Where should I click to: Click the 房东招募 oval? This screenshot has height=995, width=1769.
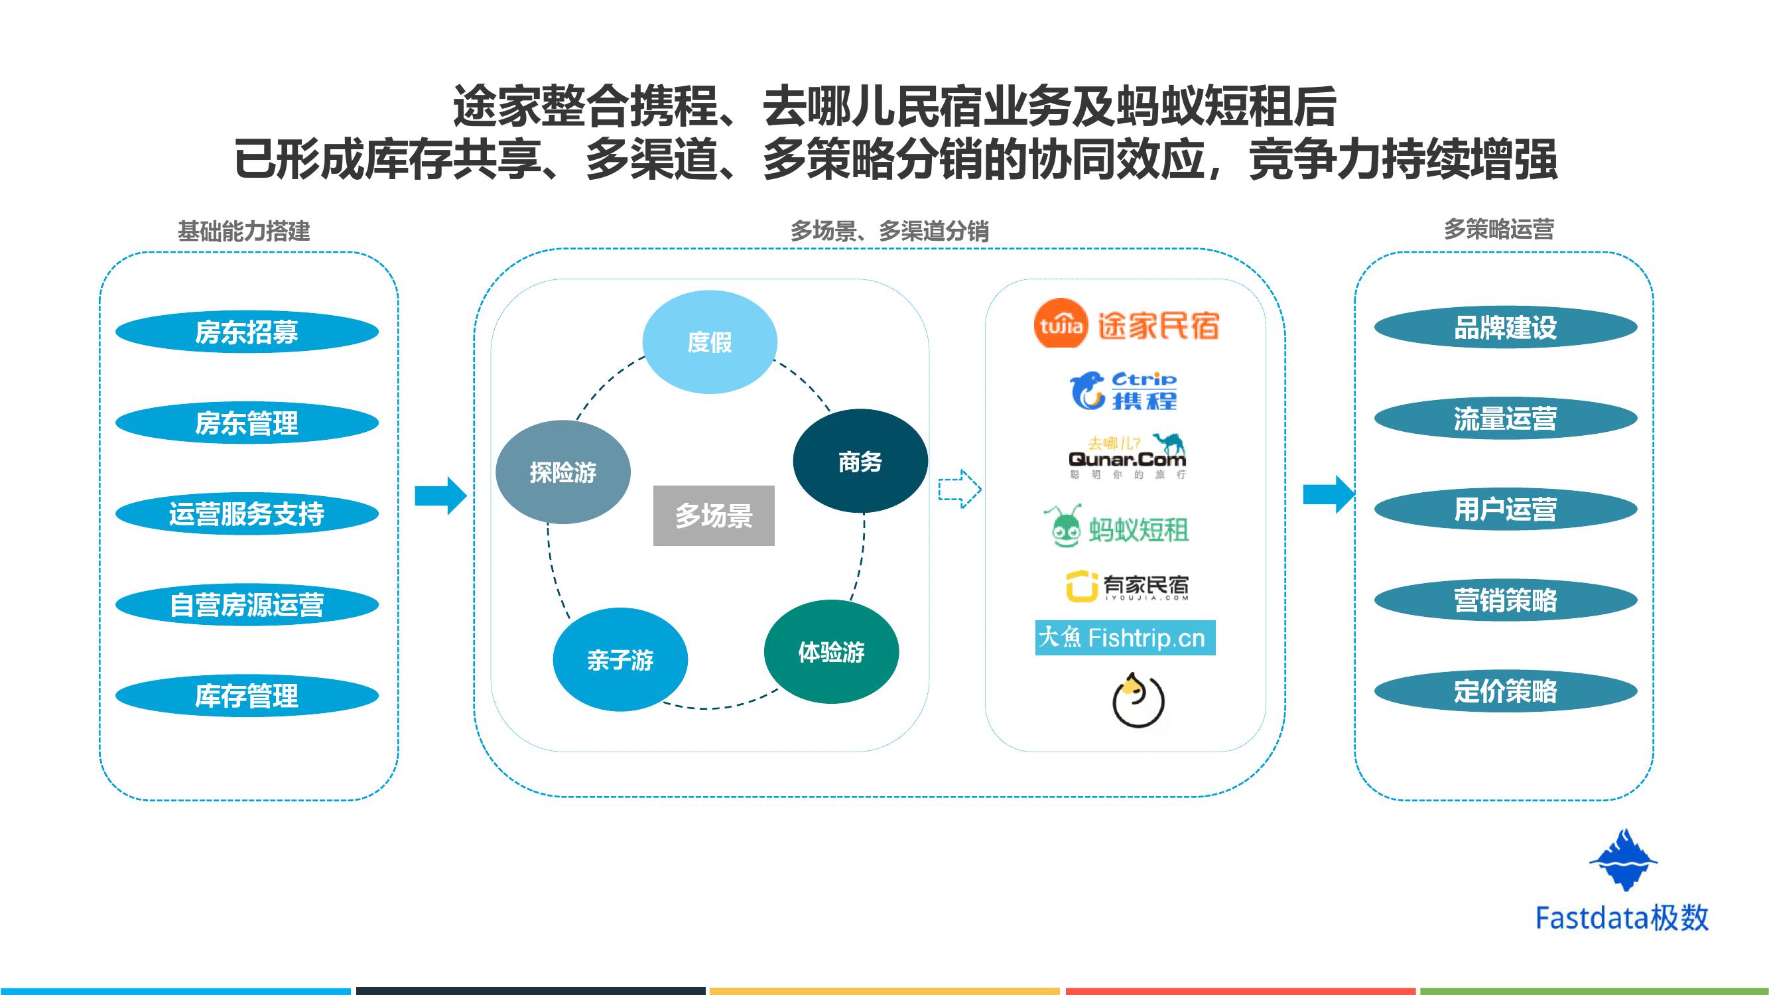[247, 332]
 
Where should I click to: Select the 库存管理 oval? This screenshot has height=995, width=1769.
[247, 695]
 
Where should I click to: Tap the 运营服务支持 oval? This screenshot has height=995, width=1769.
[247, 513]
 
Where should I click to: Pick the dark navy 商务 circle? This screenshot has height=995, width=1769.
[860, 462]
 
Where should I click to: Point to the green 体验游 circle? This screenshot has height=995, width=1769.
[831, 651]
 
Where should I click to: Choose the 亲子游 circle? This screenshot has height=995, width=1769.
[620, 659]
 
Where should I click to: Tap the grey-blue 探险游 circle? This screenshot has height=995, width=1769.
[562, 472]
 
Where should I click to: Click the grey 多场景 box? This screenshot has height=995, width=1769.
[714, 515]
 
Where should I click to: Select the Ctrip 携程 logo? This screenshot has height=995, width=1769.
[1124, 391]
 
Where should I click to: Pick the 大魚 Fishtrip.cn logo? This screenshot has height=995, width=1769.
[1124, 638]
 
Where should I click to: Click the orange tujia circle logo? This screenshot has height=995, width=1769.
[1061, 324]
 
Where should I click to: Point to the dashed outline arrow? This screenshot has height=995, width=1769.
[959, 489]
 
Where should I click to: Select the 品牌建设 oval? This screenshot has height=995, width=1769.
[1505, 328]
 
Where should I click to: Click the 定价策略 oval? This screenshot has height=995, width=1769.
[1505, 691]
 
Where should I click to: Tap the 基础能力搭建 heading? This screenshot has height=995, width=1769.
[244, 231]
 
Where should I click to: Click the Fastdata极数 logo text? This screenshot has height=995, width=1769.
[1621, 917]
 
